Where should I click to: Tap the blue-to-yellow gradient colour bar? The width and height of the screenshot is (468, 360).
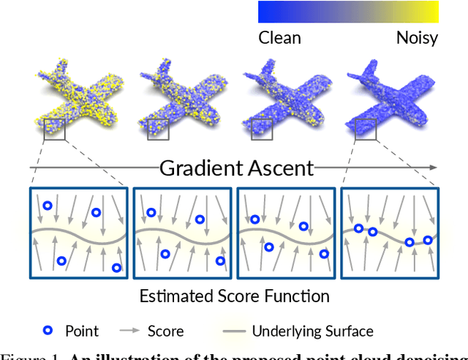pyautogui.click(x=348, y=12)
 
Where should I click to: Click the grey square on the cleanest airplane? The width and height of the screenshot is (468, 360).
pyautogui.click(x=366, y=130)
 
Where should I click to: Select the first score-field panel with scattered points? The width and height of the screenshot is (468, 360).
pyautogui.click(x=79, y=233)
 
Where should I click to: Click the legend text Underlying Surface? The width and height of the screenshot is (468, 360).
pyautogui.click(x=312, y=331)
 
